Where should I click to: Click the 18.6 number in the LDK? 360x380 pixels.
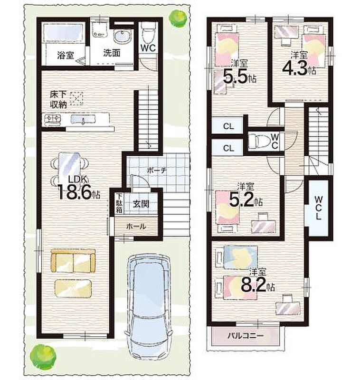coord(75,192)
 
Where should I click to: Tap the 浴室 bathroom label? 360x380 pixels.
coord(66,56)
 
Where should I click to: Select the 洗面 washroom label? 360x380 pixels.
coord(112,53)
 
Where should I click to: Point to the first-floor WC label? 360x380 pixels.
coord(148,48)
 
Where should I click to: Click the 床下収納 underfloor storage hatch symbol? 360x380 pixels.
coord(76,98)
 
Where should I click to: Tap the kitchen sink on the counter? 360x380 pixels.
coord(83,119)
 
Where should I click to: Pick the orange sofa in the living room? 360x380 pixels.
coord(73,261)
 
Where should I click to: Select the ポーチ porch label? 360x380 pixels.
coord(157,171)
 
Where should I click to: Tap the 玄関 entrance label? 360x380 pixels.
coord(141,204)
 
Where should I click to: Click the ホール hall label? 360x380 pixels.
coord(136,227)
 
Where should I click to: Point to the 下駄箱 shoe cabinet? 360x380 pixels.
coord(119,203)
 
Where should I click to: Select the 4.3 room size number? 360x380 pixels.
coord(294,67)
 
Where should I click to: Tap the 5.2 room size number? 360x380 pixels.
coord(241,199)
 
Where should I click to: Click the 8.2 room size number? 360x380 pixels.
coord(254,284)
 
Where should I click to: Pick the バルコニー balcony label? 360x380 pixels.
coord(245,336)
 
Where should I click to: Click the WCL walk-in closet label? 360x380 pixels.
coord(319,208)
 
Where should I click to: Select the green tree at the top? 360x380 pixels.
coord(179,18)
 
